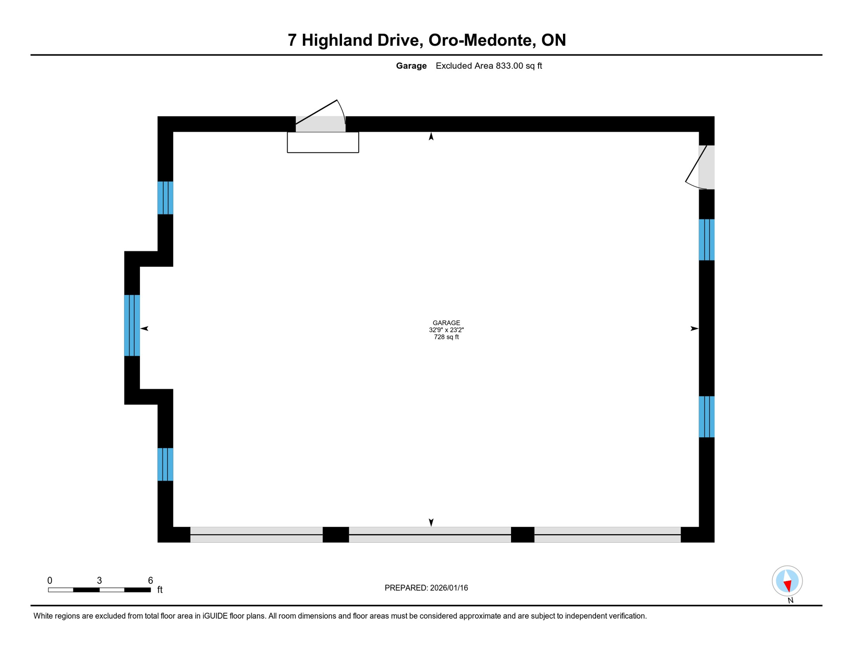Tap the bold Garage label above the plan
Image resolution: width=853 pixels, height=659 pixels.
coord(411,66)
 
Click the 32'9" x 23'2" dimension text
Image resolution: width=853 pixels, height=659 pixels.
coord(446,330)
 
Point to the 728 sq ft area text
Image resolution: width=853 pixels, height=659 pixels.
coord(446,337)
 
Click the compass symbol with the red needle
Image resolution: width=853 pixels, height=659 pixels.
coord(787,581)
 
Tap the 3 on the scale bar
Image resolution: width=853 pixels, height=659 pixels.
coord(100,580)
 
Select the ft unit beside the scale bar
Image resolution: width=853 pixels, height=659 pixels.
coord(160,590)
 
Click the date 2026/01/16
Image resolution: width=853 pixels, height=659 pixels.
coord(449,588)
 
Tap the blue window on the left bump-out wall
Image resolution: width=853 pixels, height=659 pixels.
coord(132,325)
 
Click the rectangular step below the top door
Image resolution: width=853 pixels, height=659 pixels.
coord(323,142)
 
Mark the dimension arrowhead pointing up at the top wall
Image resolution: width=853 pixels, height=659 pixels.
coord(431,136)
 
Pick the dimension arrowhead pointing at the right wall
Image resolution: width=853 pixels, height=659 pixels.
coord(694,329)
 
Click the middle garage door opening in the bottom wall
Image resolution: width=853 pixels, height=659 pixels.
coord(430,535)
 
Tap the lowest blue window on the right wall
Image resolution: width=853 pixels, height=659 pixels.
coord(706,417)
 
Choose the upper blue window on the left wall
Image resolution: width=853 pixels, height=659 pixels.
coord(165,198)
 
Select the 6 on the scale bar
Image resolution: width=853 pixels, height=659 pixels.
coord(150,580)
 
